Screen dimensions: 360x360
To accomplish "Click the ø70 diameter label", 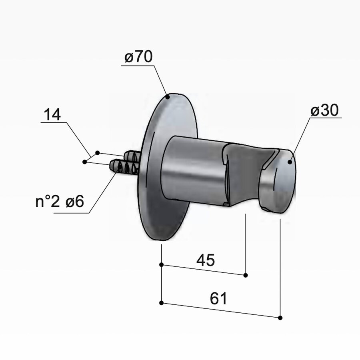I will point(138,58).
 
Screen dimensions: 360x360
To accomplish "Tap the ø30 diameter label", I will point(325,111).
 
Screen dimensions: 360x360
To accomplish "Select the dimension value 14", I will point(52,115).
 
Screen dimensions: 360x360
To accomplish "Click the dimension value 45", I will point(206,260).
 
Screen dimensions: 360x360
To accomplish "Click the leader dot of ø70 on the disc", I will point(168,96).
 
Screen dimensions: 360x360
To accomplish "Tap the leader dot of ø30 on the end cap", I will point(289,161).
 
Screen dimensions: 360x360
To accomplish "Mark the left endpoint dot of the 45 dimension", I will point(161,264).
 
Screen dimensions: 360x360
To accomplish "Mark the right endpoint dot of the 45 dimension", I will point(246,275).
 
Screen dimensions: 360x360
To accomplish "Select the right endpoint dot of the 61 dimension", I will point(280,318).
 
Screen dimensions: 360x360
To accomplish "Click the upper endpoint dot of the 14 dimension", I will point(97,153).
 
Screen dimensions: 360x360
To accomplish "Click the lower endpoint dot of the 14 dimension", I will point(84,162).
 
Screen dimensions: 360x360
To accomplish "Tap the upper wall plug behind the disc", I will point(132,156).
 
